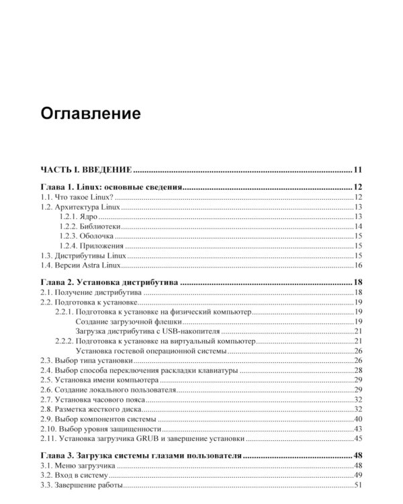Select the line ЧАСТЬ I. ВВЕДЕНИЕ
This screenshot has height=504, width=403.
pyautogui.click(x=85, y=169)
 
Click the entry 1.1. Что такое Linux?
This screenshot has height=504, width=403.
pyautogui.click(x=77, y=197)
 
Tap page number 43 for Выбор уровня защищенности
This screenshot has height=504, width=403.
pyautogui.click(x=358, y=429)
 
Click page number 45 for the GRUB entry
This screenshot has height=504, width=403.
pyautogui.click(x=358, y=439)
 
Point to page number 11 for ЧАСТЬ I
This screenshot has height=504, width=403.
pyautogui.click(x=357, y=169)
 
